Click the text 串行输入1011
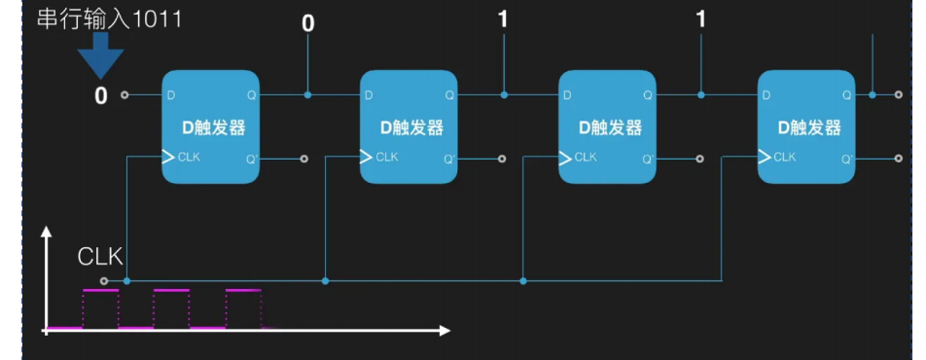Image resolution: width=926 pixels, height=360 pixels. (109, 19)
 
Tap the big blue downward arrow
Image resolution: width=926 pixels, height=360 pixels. (100, 57)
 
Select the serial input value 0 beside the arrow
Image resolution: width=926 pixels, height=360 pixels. (100, 95)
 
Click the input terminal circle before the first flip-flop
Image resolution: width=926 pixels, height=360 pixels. (125, 95)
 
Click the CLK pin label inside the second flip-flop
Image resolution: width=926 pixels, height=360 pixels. (386, 157)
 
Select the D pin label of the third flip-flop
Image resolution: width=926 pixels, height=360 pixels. (568, 95)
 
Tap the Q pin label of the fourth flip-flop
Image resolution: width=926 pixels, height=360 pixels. (846, 95)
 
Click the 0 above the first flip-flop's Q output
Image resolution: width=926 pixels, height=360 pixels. (307, 22)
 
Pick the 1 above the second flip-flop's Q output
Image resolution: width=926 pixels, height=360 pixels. (503, 18)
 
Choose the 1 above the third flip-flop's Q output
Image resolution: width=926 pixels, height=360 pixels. (700, 18)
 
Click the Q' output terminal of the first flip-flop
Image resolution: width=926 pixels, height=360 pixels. (304, 158)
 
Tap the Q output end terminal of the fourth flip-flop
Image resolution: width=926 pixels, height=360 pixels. (898, 95)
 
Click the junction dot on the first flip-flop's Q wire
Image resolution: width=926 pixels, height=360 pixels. (307, 95)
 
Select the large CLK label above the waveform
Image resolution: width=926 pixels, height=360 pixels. (100, 257)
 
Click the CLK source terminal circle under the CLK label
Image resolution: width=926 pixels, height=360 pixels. (104, 281)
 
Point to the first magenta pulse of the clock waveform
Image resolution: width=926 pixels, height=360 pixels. (100, 291)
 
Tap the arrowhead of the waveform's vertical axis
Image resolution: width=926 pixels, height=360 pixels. (46, 234)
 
